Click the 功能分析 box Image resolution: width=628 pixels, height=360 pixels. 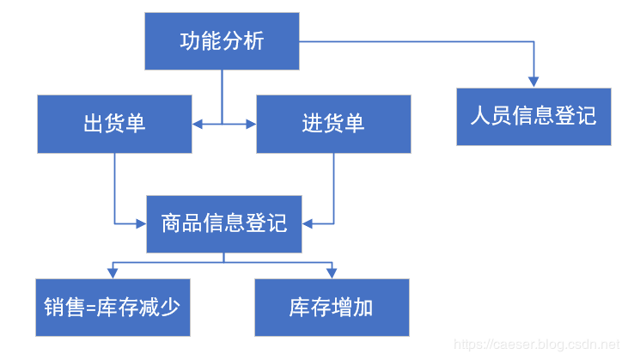pyautogui.click(x=222, y=41)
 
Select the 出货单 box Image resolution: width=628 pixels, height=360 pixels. pyautogui.click(x=114, y=124)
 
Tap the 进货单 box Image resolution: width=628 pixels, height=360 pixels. pyautogui.click(x=333, y=124)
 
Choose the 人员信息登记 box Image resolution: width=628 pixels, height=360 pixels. pyautogui.click(x=533, y=116)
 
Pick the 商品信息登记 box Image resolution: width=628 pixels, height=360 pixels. pyautogui.click(x=224, y=223)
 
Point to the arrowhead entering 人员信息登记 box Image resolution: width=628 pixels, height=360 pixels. pyautogui.click(x=533, y=82)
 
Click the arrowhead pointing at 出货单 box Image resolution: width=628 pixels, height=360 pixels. pyautogui.click(x=197, y=125)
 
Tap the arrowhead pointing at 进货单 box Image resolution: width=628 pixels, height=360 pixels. pyautogui.click(x=252, y=125)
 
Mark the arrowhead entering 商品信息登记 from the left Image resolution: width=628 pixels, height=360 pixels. pyautogui.click(x=141, y=223)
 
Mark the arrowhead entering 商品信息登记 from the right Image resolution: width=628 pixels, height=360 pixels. pyautogui.click(x=308, y=223)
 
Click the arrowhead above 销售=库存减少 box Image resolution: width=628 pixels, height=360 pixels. pyautogui.click(x=113, y=272)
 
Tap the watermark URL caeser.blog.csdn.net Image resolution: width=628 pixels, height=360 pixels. pyautogui.click(x=536, y=345)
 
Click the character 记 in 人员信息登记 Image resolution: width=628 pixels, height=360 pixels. pyautogui.click(x=586, y=116)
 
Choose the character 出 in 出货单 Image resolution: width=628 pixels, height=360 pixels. pyautogui.click(x=93, y=124)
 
